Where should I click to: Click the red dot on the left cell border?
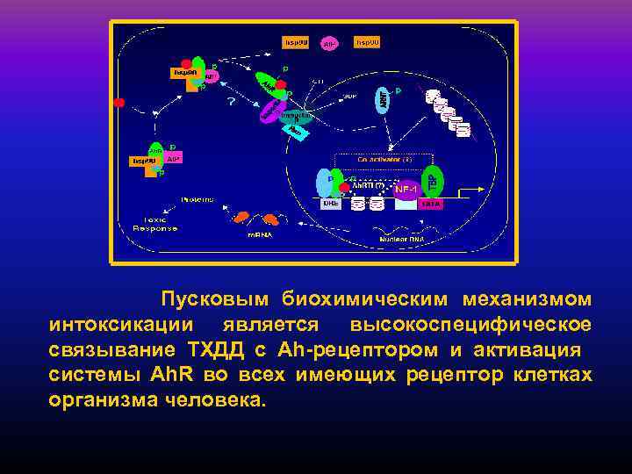[x=119, y=103]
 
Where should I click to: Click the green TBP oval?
[x=432, y=181]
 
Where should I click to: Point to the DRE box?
[x=330, y=203]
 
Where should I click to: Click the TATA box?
[x=430, y=203]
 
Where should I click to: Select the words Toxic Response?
[x=154, y=224]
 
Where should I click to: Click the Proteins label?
[x=197, y=200]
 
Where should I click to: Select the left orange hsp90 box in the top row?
[x=295, y=41]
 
